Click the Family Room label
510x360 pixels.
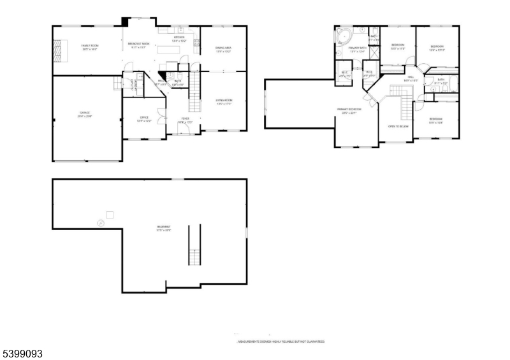click(x=89, y=47)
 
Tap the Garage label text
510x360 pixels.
click(x=84, y=114)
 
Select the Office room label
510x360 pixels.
click(x=145, y=119)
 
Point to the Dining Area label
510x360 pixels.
click(x=223, y=48)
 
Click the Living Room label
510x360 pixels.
click(x=223, y=101)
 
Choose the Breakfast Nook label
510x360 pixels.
click(x=138, y=45)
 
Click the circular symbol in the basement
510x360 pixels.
click(x=100, y=222)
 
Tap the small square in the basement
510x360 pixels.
click(x=110, y=215)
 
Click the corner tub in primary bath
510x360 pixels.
click(x=345, y=36)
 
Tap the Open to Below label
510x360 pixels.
click(x=398, y=126)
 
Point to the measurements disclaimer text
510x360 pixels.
click(x=281, y=342)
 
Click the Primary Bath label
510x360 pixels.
click(x=357, y=49)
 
